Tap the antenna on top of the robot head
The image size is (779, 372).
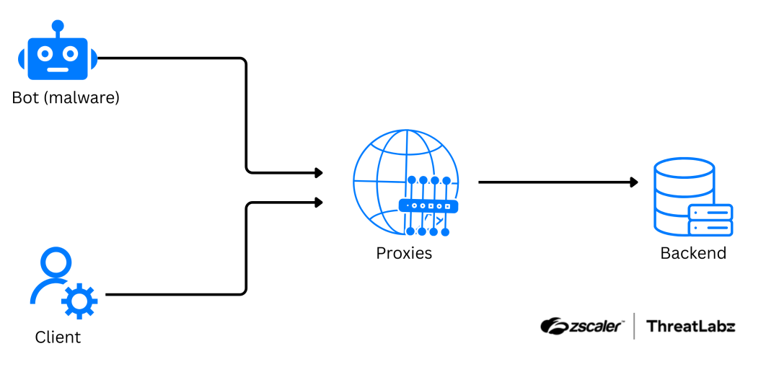click(x=57, y=27)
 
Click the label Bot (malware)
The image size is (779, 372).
click(x=66, y=97)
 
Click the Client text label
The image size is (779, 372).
click(x=58, y=337)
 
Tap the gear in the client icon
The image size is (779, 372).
click(x=79, y=301)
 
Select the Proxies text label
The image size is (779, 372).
click(x=404, y=253)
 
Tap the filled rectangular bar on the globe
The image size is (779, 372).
click(x=428, y=206)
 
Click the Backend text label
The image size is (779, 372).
click(x=693, y=253)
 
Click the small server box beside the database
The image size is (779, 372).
click(x=710, y=220)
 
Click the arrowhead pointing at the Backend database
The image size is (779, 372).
click(x=634, y=182)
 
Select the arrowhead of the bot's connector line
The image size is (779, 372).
click(x=318, y=173)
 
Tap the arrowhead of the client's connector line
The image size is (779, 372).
click(x=318, y=203)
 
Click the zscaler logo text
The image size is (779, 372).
click(x=581, y=326)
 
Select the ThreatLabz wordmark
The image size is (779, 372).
click(x=690, y=326)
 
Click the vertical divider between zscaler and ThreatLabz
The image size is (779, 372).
click(x=634, y=326)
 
